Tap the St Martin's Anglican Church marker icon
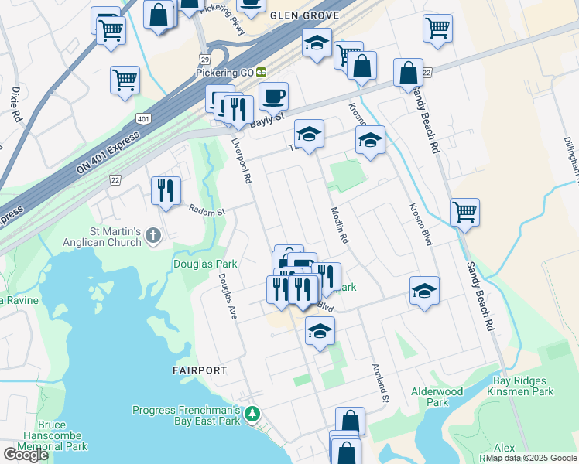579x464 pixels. [x=153, y=235]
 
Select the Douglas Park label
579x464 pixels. [x=204, y=264]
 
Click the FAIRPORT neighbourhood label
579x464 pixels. [x=200, y=370]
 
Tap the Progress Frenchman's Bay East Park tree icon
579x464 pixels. [x=252, y=415]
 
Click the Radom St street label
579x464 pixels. [x=207, y=210]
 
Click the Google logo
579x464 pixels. [x=26, y=455]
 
